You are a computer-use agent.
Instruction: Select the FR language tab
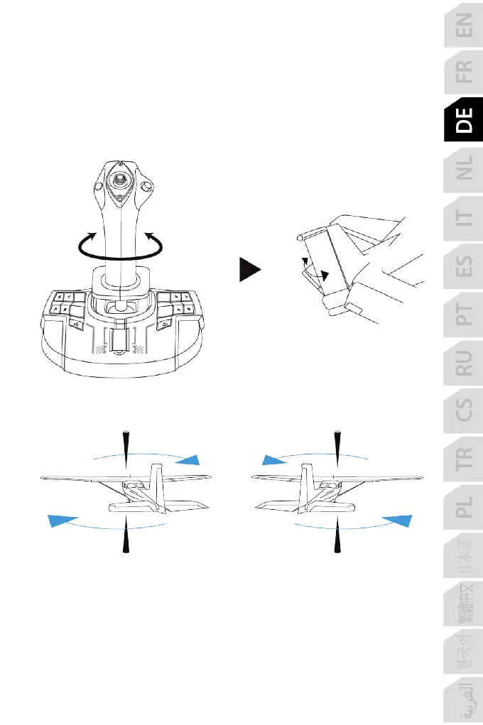[463, 71]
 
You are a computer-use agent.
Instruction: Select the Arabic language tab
[463, 699]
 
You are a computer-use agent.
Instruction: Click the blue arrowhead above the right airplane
[274, 459]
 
